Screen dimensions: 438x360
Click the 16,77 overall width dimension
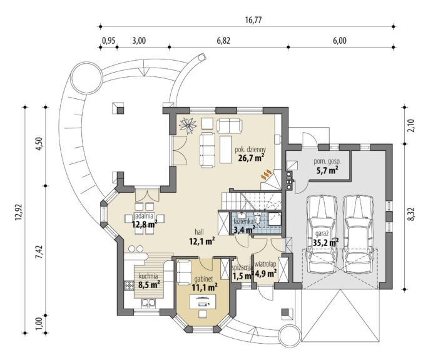coord(254,20)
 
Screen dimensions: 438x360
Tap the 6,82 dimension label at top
coord(223,41)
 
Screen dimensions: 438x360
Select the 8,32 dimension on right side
coord(412,215)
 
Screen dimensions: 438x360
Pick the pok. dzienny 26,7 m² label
coord(250,154)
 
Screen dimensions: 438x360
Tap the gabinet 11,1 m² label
coord(204,282)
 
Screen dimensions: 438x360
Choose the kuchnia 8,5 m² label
coord(149,280)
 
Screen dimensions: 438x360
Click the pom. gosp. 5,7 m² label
coord(327,166)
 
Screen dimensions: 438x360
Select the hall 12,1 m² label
coord(202,237)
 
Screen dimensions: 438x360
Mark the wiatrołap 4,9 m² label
coord(265,269)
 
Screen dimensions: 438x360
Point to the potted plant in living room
coord(188,125)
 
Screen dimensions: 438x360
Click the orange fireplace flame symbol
coord(266,174)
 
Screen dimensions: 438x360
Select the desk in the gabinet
coord(203,302)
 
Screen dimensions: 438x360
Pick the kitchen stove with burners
coord(129,285)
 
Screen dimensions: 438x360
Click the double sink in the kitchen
coord(148,303)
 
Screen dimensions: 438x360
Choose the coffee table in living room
coord(227,150)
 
